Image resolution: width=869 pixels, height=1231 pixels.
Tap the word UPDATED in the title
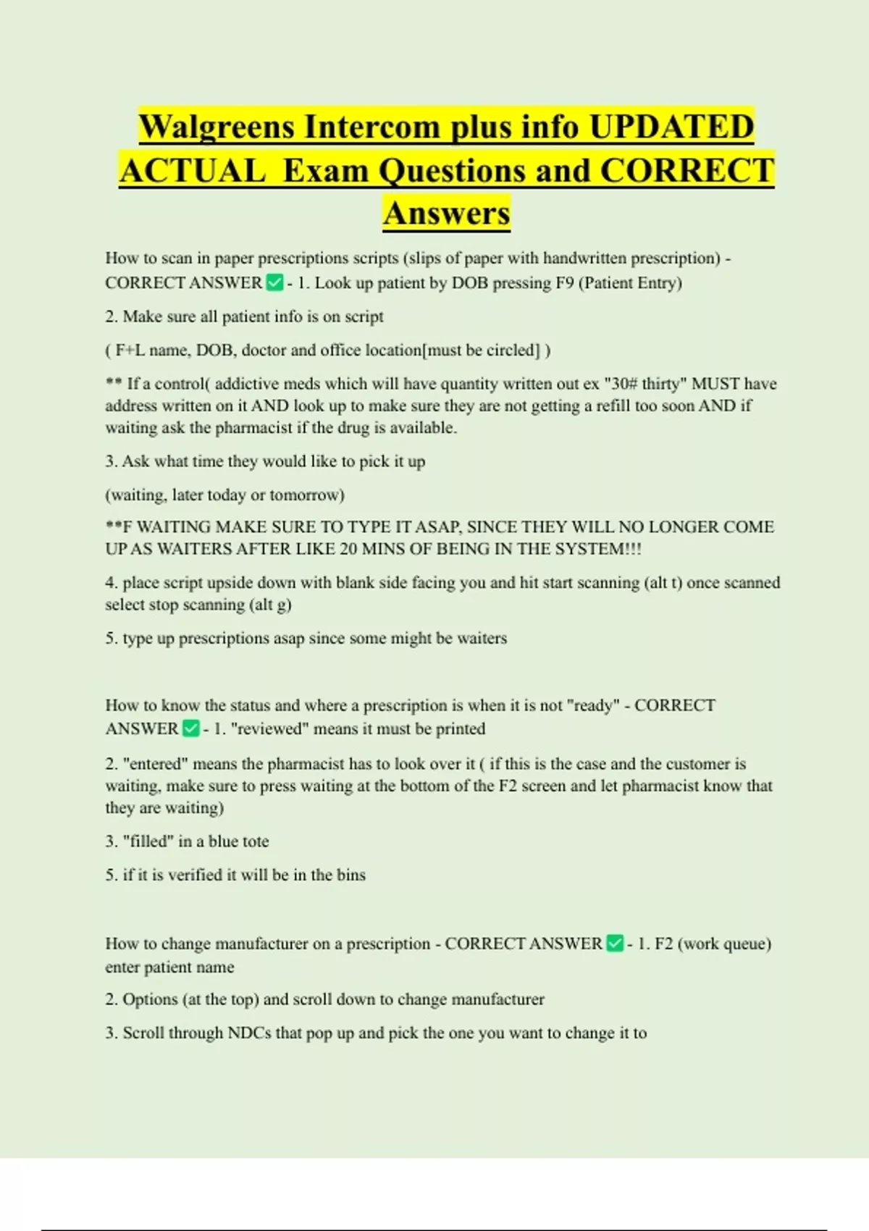[x=671, y=127]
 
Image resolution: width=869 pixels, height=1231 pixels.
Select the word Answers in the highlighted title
[x=447, y=214]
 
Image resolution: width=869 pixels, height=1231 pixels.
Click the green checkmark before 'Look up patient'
[x=274, y=282]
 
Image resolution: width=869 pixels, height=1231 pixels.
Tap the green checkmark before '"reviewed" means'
[x=191, y=728]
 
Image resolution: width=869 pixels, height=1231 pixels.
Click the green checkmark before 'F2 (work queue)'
[x=615, y=944]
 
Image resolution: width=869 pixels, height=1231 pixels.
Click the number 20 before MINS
[x=348, y=549]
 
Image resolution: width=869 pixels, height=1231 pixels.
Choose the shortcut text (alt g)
[x=270, y=605]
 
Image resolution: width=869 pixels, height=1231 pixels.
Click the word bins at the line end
[x=350, y=875]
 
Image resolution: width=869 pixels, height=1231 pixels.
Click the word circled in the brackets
[x=513, y=350]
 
